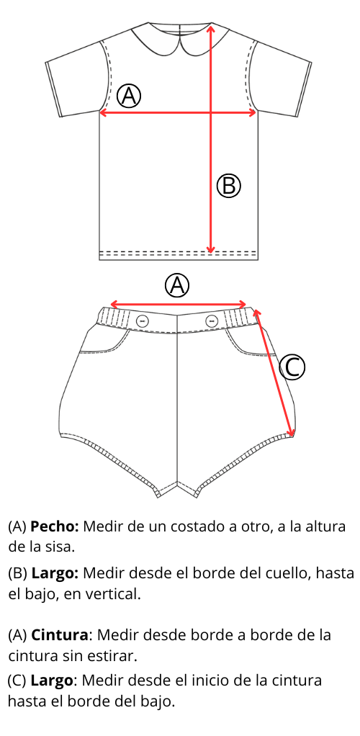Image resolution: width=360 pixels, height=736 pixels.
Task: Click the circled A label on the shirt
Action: pyautogui.click(x=129, y=96)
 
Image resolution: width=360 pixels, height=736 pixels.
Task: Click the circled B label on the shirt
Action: pyautogui.click(x=228, y=185)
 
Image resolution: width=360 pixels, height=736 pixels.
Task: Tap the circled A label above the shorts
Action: pyautogui.click(x=177, y=285)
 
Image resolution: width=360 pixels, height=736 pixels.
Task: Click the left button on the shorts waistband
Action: pyautogui.click(x=143, y=321)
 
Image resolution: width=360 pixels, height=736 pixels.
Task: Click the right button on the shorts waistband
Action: pyautogui.click(x=212, y=320)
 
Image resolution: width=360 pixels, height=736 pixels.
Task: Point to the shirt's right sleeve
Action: pyautogui.click(x=281, y=80)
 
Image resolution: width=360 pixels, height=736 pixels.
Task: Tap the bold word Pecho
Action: pyautogui.click(x=55, y=527)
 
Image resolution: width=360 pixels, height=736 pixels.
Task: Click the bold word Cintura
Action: pyautogui.click(x=60, y=636)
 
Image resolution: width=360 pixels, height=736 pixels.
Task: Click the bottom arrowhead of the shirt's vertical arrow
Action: pyautogui.click(x=211, y=247)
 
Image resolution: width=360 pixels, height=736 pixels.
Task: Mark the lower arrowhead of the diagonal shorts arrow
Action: pyautogui.click(x=291, y=431)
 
